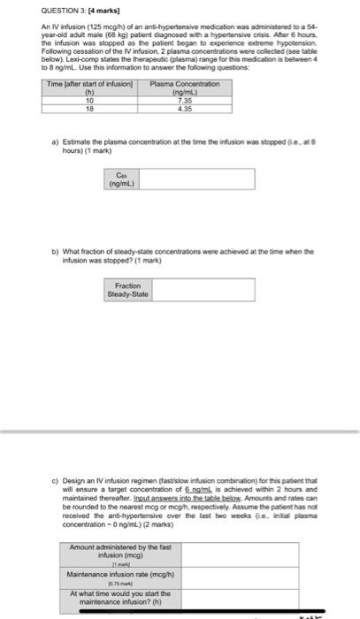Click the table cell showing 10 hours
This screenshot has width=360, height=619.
pos(88,100)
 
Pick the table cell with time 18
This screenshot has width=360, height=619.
pos(88,108)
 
